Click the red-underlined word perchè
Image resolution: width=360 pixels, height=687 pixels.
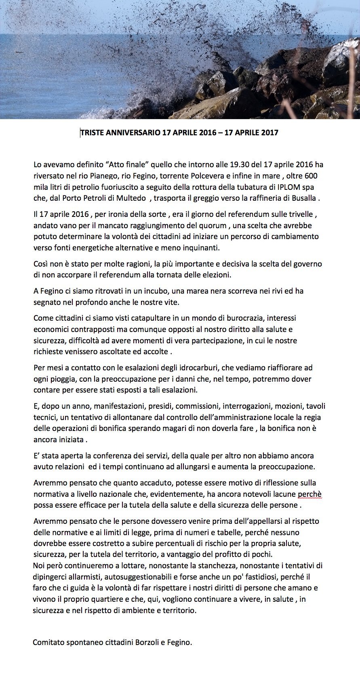(x=309, y=494)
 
